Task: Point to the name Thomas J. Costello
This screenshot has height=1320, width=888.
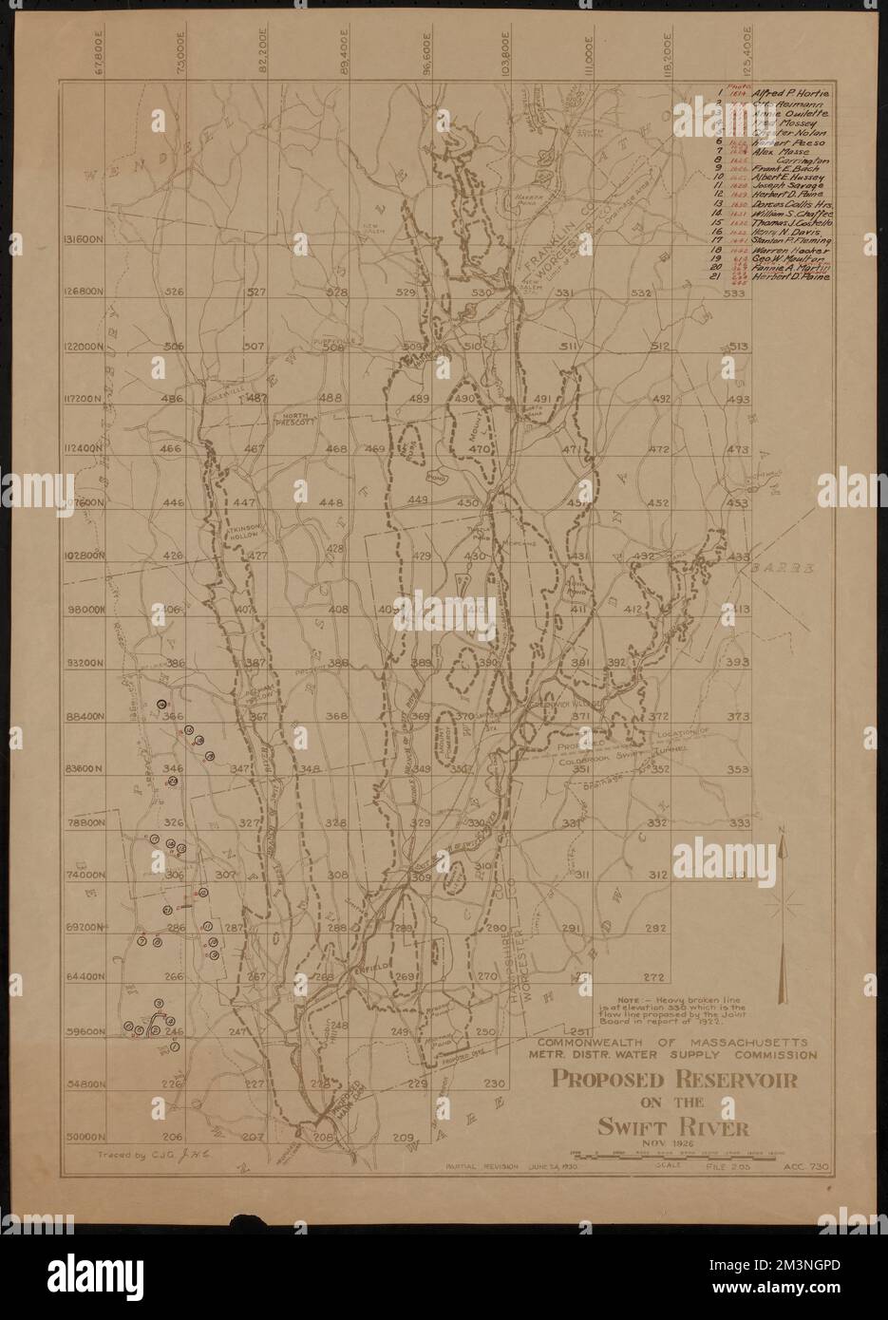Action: pyautogui.click(x=791, y=222)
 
